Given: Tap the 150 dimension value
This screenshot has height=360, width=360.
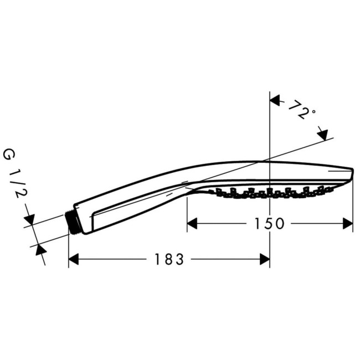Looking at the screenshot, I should pos(269,223).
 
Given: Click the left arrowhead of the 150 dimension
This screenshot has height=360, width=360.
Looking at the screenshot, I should pos(192,223).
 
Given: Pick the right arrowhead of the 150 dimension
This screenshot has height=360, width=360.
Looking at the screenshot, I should pos(347,223).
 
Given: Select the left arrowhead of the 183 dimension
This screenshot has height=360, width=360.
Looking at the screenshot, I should pos(74,259).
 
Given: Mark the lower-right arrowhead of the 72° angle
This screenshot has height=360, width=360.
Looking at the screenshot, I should pos(322,134).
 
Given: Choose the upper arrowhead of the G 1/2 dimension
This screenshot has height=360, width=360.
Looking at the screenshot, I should pos(30,220).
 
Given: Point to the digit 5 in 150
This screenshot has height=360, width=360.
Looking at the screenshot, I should pos(269,223).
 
